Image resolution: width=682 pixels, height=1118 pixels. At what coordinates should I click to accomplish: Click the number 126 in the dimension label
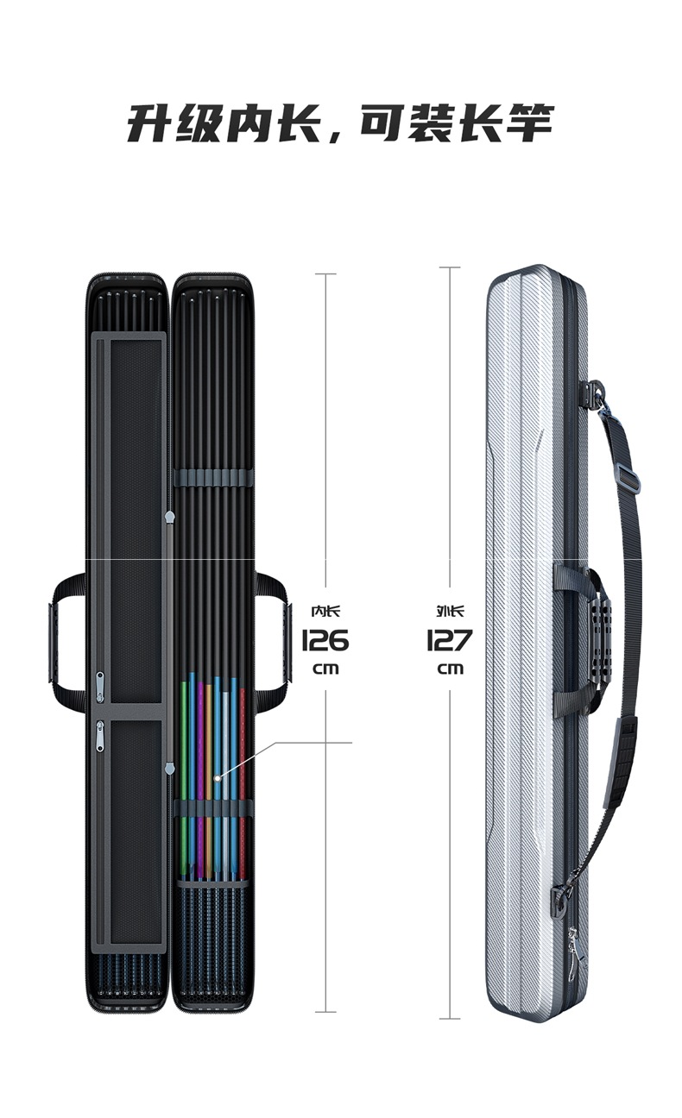click(325, 640)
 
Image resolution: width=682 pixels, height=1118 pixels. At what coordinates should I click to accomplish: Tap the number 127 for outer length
click(449, 640)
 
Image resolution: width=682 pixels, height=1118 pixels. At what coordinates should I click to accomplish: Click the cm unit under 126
click(325, 669)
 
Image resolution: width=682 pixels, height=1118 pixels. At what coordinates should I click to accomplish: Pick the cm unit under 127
click(450, 669)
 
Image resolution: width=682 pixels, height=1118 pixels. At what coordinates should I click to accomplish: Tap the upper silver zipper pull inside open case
click(100, 687)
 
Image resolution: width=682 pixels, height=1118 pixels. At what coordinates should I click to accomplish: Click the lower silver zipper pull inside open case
click(100, 736)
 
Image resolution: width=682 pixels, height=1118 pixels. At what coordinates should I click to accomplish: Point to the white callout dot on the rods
click(218, 778)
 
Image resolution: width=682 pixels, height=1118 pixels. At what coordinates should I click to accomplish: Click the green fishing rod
click(184, 759)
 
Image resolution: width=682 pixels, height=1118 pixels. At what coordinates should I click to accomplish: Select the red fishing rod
click(243, 759)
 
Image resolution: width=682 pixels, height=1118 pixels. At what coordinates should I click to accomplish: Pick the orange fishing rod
click(209, 759)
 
